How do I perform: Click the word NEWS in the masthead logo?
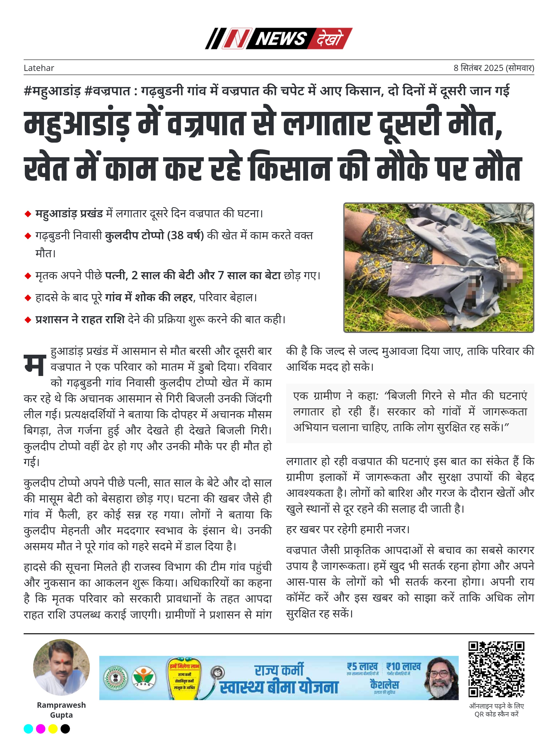coord(281,39)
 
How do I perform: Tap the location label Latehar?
coord(39,68)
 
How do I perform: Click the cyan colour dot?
coord(29,729)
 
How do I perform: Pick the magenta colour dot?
coord(40,729)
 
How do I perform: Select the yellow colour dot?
coord(53,729)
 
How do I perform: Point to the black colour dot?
coord(65,729)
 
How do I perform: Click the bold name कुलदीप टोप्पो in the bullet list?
coord(135,236)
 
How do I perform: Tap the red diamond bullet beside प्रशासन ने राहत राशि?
coord(28,320)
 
